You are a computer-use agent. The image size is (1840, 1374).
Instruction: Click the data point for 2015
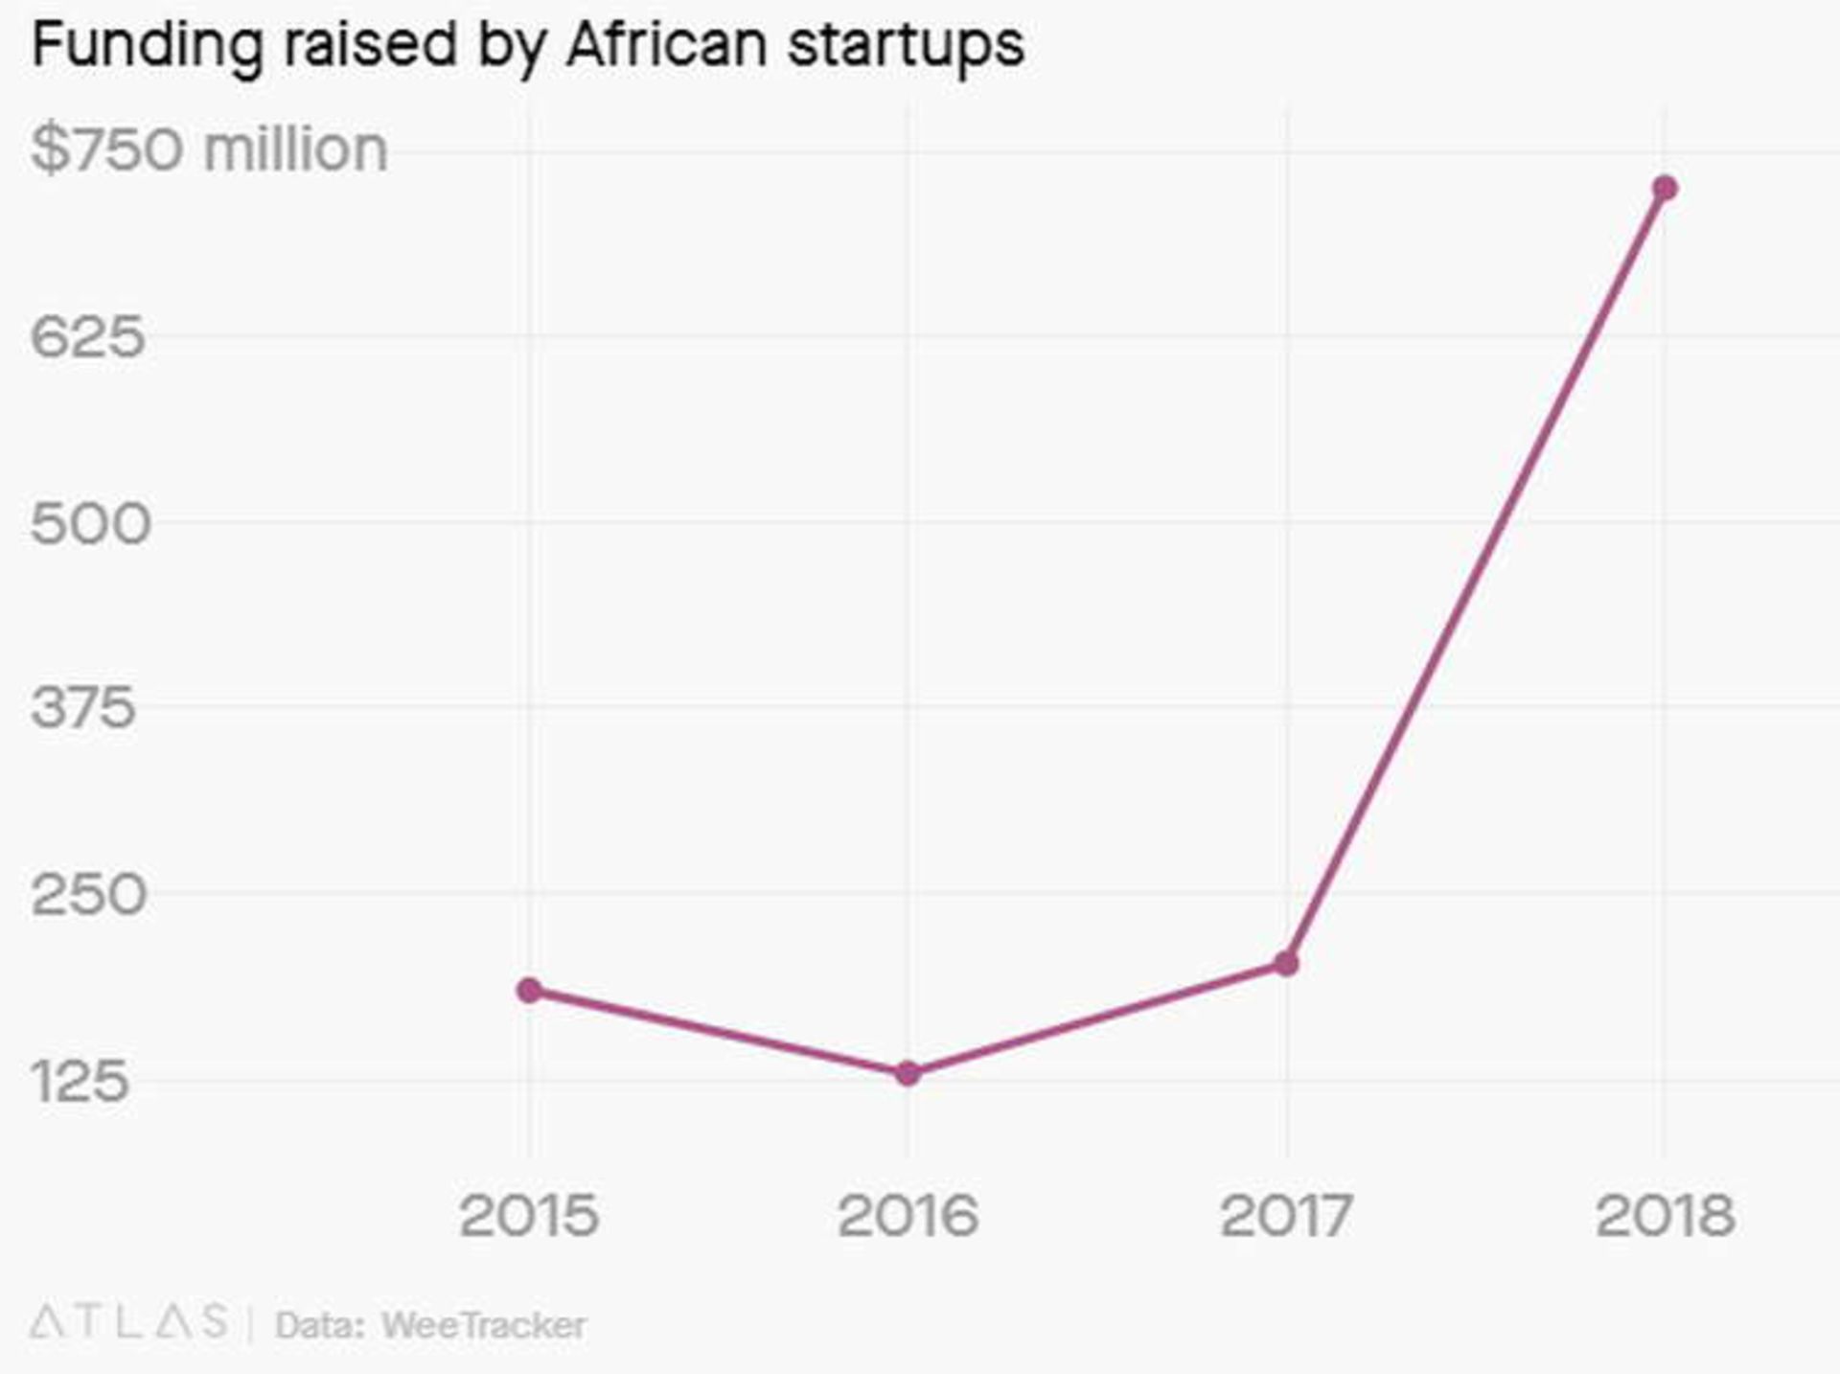point(529,990)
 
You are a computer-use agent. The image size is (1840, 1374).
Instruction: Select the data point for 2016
point(908,1073)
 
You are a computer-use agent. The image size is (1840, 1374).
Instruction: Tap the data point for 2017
point(1286,963)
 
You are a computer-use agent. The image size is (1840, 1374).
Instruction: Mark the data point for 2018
point(1665,188)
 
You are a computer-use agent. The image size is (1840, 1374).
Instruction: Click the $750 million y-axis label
point(209,149)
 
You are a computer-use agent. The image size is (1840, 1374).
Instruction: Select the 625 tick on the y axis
point(88,336)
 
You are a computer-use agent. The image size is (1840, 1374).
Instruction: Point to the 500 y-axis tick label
point(90,523)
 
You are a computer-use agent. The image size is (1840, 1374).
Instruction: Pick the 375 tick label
point(83,709)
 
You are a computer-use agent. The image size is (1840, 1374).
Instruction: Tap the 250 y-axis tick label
point(88,895)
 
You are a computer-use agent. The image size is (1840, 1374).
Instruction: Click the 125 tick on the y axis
point(80,1082)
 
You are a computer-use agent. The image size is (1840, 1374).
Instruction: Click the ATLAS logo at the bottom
point(129,1322)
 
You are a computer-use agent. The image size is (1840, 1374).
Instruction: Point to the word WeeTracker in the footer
point(483,1325)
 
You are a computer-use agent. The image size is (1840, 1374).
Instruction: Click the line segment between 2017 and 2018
point(1476,575)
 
